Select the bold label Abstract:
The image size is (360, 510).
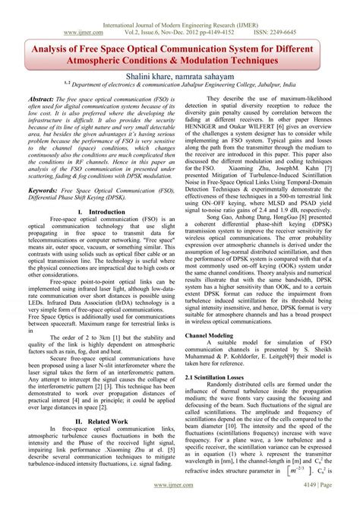pyautogui.click(x=47, y=100)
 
